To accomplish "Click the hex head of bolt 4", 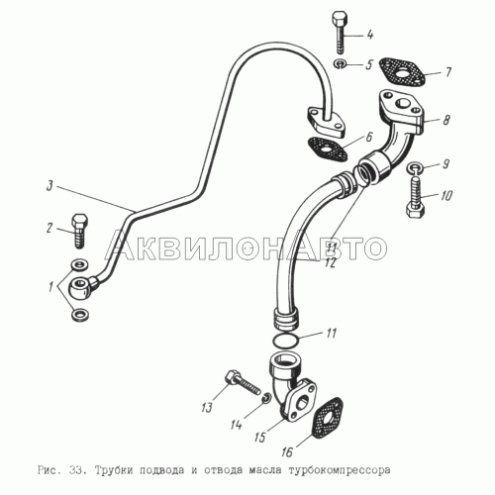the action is pyautogui.click(x=338, y=19).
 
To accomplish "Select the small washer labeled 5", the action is pyautogui.click(x=340, y=63).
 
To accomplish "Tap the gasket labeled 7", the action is pyautogui.click(x=402, y=72).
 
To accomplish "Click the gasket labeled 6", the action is pyautogui.click(x=328, y=149).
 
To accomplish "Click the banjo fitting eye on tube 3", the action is pyautogui.click(x=80, y=286).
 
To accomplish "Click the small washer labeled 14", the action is pyautogui.click(x=266, y=398).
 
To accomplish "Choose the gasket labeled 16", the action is pyautogui.click(x=327, y=419).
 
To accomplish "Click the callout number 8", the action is pyautogui.click(x=446, y=120).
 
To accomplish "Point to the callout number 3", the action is pyautogui.click(x=49, y=186).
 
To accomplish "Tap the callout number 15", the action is pyautogui.click(x=259, y=437).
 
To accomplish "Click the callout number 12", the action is pyautogui.click(x=330, y=262).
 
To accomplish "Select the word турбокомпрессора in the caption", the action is pyautogui.click(x=340, y=470).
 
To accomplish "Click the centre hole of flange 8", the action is pyautogui.click(x=402, y=103).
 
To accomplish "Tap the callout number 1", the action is pyautogui.click(x=50, y=287).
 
